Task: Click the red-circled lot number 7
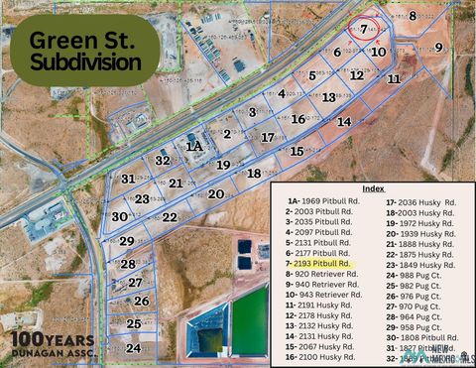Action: pos(364,30)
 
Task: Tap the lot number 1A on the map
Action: pos(194,146)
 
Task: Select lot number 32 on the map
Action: pos(163,160)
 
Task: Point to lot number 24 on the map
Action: pos(134,348)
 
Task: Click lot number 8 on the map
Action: pos(414,15)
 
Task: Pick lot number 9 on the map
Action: pos(438,48)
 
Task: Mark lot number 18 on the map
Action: pos(254,174)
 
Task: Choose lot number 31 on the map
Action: pos(128,179)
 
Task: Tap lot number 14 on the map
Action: pos(344,121)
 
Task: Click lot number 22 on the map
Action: pos(170,217)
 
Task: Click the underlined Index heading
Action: pos(373,188)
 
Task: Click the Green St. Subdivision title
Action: pos(85,51)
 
